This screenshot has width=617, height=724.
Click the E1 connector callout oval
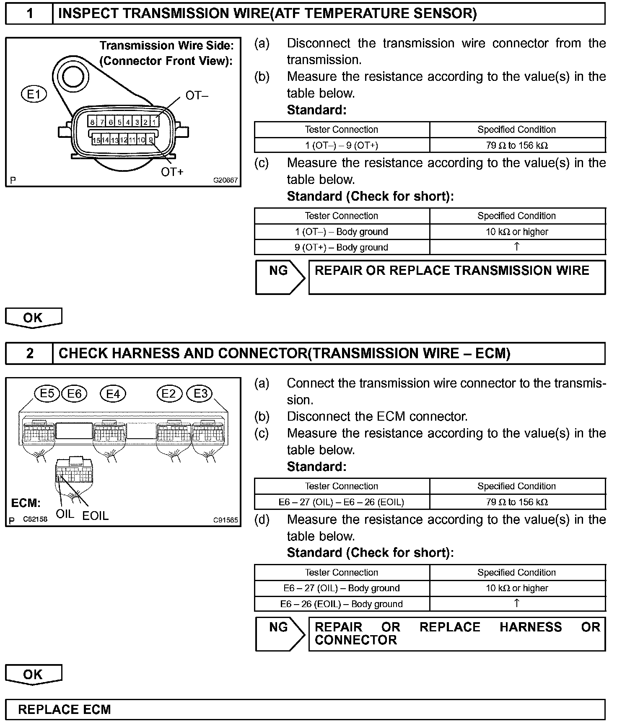[34, 94]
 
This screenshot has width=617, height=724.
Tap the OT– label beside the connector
[197, 96]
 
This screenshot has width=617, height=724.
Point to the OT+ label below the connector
[172, 172]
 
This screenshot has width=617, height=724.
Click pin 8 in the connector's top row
[92, 122]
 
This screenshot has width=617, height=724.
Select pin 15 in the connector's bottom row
[96, 140]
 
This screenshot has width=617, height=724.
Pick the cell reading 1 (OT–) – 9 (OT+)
[342, 145]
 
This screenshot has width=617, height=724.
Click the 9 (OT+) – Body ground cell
[342, 247]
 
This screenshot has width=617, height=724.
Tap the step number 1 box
[29, 14]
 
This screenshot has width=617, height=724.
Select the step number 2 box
[29, 354]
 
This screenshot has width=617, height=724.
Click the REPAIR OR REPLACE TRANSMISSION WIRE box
[457, 277]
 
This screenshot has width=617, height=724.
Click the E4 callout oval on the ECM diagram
[113, 394]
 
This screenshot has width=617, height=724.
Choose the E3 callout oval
[200, 394]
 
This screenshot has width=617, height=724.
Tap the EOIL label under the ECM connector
[95, 516]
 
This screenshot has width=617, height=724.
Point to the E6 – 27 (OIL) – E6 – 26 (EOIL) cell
[342, 502]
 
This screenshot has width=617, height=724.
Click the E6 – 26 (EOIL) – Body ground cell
[342, 604]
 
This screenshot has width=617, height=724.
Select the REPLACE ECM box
[305, 709]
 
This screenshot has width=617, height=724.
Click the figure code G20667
[226, 181]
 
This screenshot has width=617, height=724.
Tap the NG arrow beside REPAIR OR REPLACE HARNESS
[280, 633]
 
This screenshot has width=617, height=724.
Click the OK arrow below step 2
[33, 675]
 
